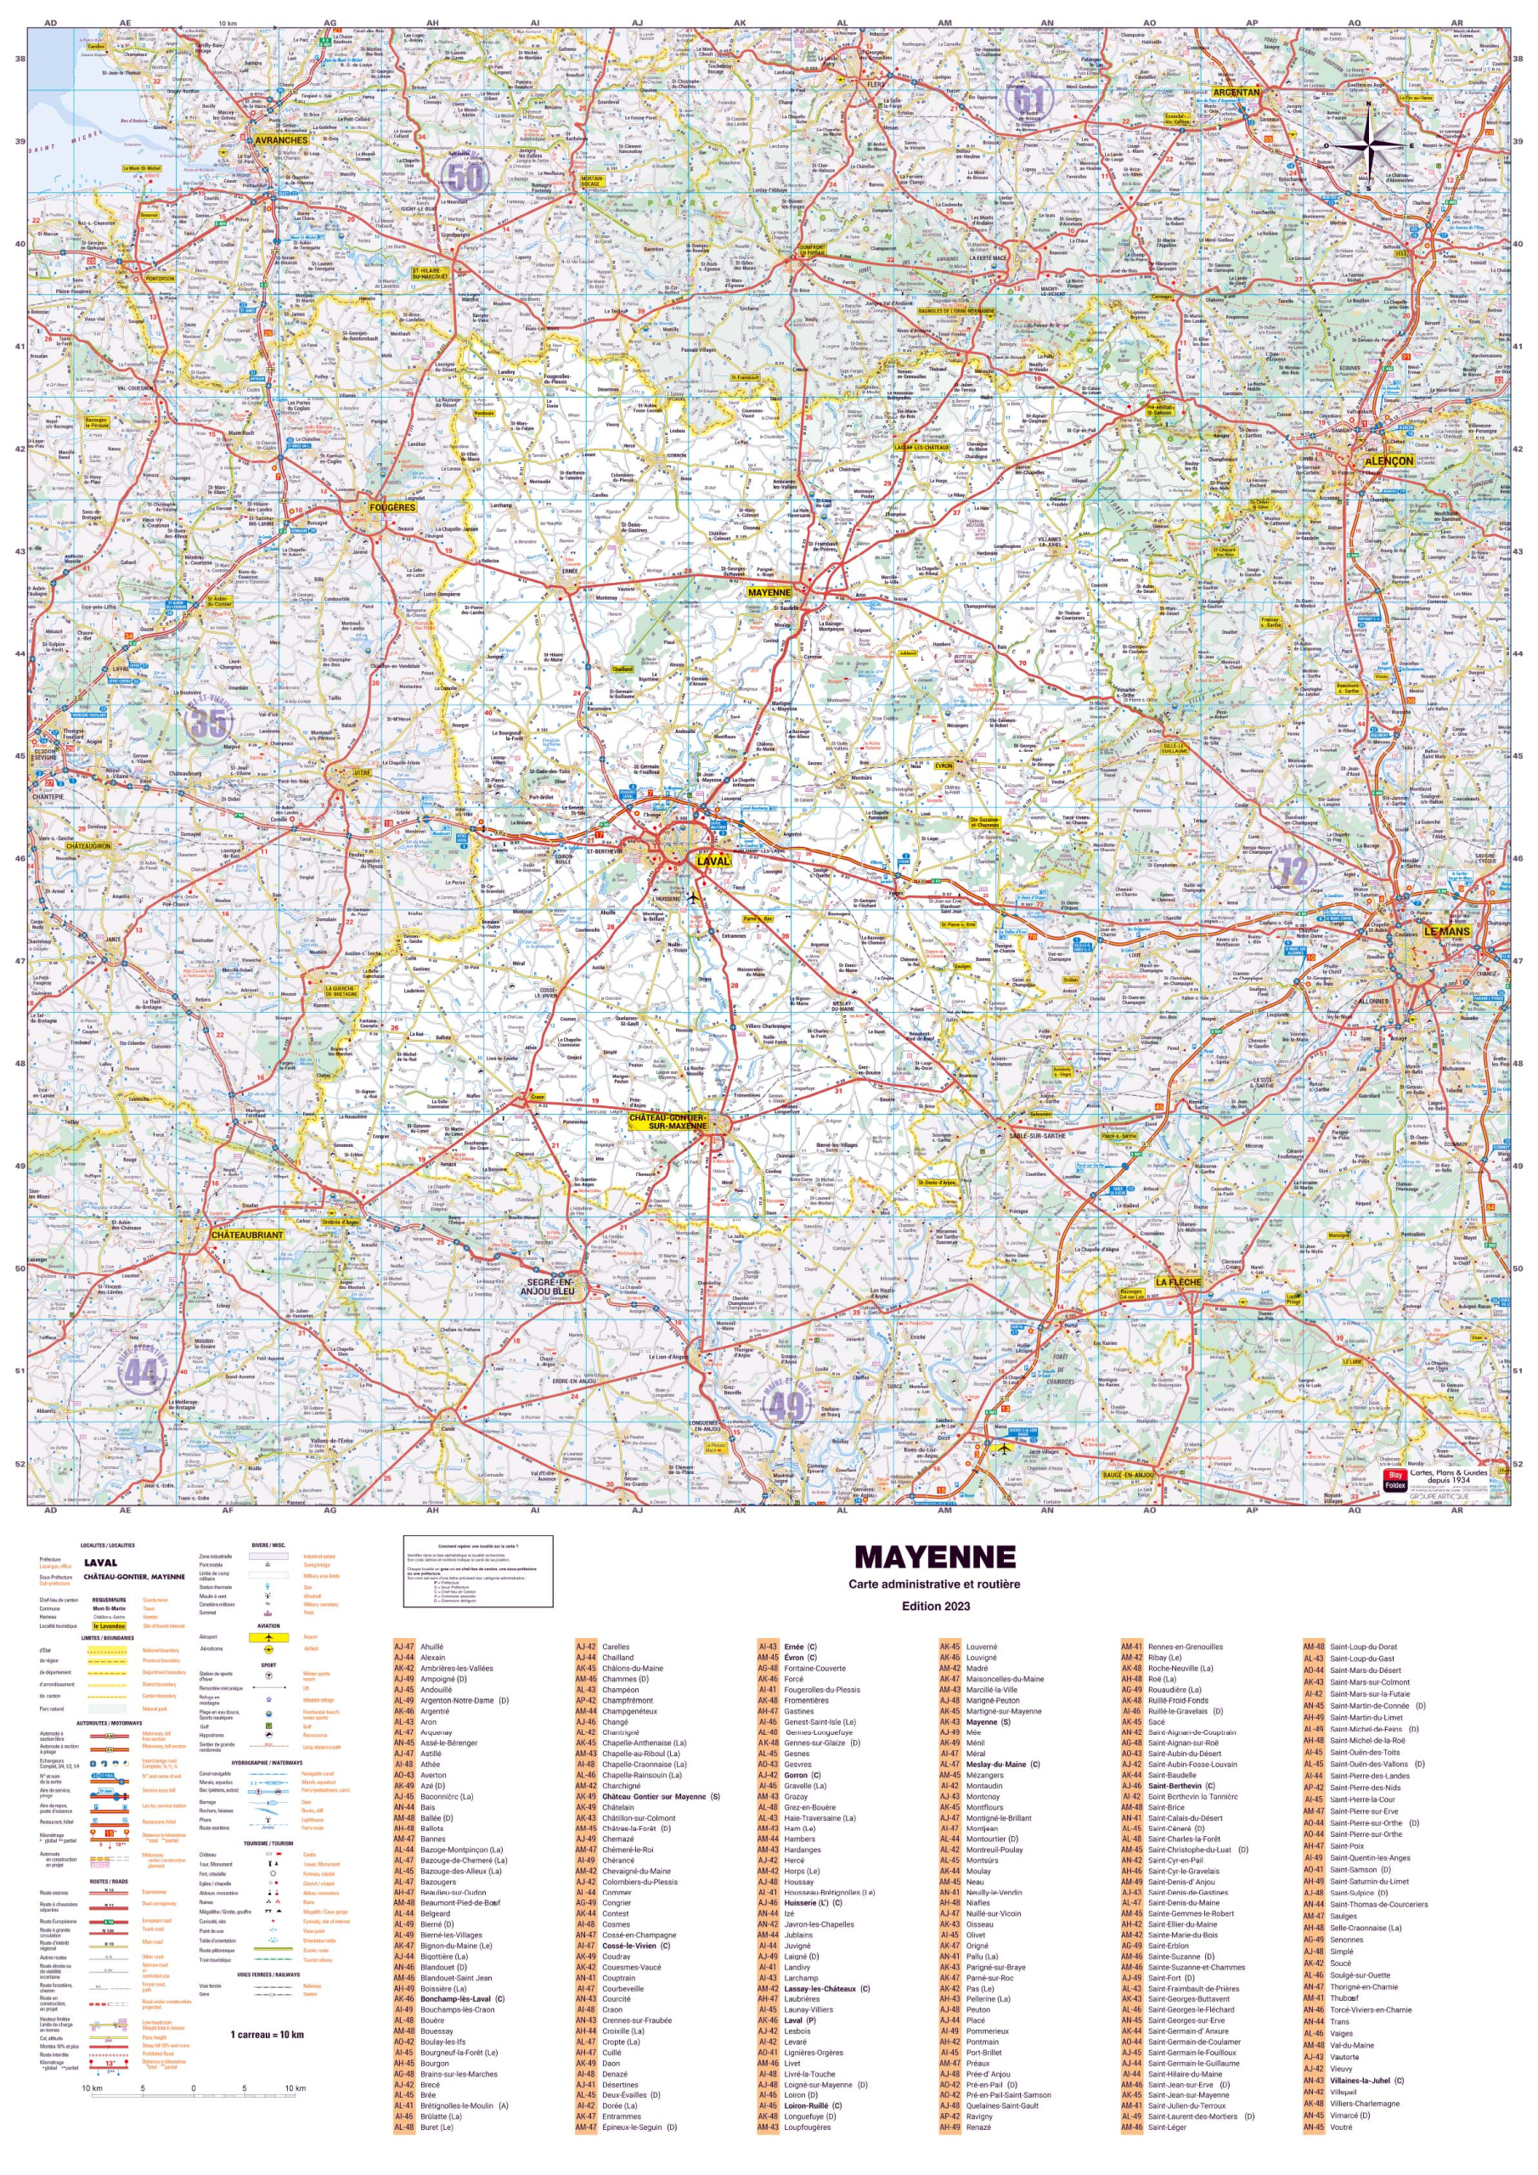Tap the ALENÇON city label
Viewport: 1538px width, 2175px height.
tap(1389, 460)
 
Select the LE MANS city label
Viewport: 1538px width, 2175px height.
tap(1447, 931)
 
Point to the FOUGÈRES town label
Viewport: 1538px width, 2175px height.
tap(392, 508)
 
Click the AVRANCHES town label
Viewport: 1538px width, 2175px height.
tap(281, 140)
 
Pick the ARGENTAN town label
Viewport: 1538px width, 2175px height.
tap(1237, 93)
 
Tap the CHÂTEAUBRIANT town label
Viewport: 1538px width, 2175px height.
tap(247, 1235)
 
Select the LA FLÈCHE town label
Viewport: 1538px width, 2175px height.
tap(1178, 1282)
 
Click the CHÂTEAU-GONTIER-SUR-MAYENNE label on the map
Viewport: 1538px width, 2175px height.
tap(668, 1121)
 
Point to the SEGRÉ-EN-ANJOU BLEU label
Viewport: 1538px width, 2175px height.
tap(548, 1286)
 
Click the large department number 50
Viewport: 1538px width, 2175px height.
tap(466, 178)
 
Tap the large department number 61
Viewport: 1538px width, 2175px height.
tap(1028, 99)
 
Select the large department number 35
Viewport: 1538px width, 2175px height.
tap(209, 723)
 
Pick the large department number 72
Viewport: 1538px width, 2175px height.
tap(1293, 871)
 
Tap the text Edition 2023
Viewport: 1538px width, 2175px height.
tap(935, 1606)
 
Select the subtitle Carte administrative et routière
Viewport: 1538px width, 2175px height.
tap(934, 1584)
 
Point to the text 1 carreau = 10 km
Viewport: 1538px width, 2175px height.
tap(267, 2034)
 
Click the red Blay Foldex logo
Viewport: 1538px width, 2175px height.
tap(1394, 1480)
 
